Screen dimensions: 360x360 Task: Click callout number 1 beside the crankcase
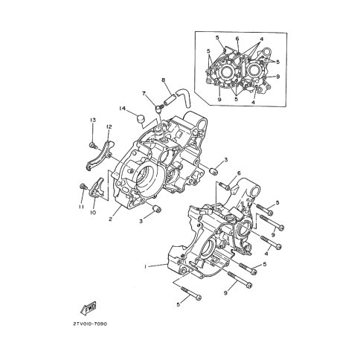click(146, 266)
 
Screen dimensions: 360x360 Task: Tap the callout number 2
click(110, 219)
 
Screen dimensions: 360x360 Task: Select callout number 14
click(122, 109)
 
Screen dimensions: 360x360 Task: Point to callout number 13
click(93, 120)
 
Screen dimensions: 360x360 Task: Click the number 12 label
click(109, 126)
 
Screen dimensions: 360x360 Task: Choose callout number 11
click(81, 207)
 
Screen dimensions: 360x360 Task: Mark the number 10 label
click(94, 213)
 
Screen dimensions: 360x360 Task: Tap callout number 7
click(144, 94)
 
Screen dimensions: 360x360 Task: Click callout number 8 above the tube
click(163, 80)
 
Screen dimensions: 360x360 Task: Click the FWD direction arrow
click(89, 308)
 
